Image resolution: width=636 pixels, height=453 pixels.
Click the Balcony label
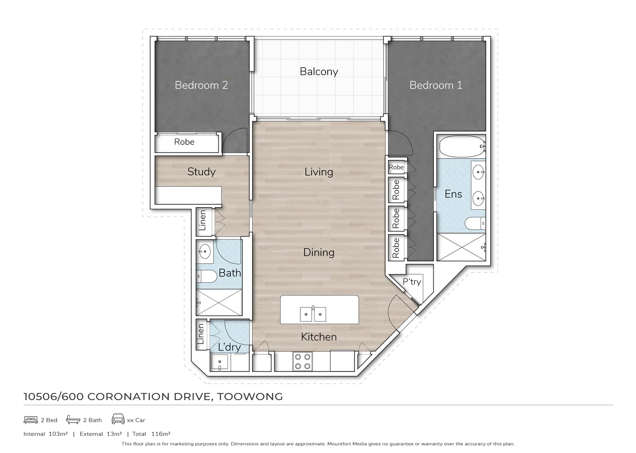(x=319, y=72)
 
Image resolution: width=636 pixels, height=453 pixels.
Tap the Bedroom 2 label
(x=201, y=85)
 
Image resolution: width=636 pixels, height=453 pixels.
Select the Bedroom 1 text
(x=435, y=85)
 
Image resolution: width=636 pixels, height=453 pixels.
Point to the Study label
(x=201, y=172)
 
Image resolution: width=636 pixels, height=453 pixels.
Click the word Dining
(x=319, y=252)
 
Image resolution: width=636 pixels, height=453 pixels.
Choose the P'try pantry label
(x=412, y=282)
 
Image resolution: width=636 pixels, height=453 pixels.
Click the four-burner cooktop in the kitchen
(x=302, y=362)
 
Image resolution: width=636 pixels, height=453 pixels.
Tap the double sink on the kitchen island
(x=313, y=314)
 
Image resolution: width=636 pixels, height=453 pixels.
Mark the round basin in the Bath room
(x=205, y=253)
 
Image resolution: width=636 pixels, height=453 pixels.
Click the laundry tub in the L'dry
(x=219, y=362)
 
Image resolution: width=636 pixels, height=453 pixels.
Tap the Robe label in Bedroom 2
(x=184, y=142)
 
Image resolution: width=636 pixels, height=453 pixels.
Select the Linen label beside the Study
(x=203, y=221)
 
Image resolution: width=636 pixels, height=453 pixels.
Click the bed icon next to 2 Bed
(x=31, y=420)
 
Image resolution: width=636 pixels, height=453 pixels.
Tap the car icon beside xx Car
(x=118, y=419)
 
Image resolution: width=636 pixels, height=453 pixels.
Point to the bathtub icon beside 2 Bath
(x=73, y=420)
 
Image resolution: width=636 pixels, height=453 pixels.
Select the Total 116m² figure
(x=151, y=434)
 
